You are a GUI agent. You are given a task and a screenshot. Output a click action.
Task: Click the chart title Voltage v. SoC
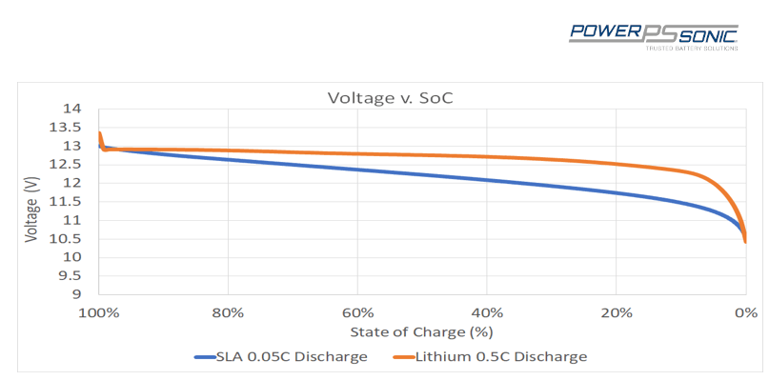[x=384, y=98]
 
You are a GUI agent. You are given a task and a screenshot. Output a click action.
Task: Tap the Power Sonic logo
[x=654, y=34]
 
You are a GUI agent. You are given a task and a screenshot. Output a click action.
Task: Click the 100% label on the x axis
[x=98, y=312]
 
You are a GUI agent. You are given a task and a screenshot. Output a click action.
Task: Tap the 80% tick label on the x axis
[x=228, y=312]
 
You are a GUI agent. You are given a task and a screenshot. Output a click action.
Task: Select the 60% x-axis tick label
[x=357, y=312]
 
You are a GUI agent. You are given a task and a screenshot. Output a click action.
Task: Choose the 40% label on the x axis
[x=487, y=312]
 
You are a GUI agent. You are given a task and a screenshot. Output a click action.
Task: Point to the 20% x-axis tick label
[x=617, y=312]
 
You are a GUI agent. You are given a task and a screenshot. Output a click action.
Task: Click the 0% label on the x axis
[x=745, y=312]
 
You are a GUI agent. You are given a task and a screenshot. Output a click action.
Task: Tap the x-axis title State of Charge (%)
[x=421, y=332]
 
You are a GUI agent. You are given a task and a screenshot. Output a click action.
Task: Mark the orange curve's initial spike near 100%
[x=100, y=134]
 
